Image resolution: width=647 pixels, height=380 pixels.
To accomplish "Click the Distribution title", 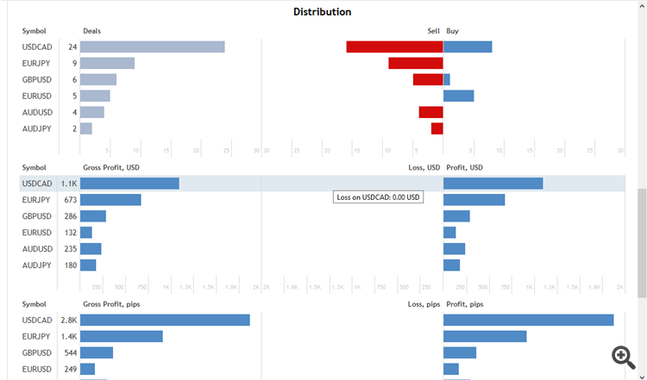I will [x=322, y=12].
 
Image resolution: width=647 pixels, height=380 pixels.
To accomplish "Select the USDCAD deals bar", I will [x=153, y=47].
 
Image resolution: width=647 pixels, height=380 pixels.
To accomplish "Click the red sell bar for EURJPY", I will [x=415, y=63].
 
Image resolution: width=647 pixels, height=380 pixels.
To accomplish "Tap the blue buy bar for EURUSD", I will [x=458, y=96].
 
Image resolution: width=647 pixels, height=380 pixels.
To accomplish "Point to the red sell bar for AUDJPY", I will [x=437, y=128].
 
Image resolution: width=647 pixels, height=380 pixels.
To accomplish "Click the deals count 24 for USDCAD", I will [x=72, y=47].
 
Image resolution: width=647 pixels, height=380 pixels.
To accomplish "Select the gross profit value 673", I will [x=70, y=200].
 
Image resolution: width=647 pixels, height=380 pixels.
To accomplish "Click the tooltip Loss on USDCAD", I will [x=378, y=197].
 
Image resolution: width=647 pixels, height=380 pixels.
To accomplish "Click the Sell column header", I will [x=433, y=31].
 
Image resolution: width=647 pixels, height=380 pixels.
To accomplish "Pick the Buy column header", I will [x=453, y=31].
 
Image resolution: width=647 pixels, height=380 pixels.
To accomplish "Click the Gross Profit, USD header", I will [x=110, y=167].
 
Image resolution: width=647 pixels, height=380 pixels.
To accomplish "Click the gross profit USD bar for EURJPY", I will [x=110, y=200].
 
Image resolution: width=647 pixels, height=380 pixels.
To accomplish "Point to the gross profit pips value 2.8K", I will [x=69, y=320].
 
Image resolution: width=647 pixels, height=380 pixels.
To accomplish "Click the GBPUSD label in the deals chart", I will [x=37, y=79].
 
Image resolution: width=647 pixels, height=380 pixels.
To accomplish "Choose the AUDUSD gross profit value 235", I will [x=70, y=249].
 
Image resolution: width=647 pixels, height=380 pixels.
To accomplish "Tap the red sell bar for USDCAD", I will [x=394, y=47].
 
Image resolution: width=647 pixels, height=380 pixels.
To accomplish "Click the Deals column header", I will [x=91, y=31].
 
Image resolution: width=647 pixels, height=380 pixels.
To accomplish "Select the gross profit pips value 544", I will [x=70, y=352].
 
